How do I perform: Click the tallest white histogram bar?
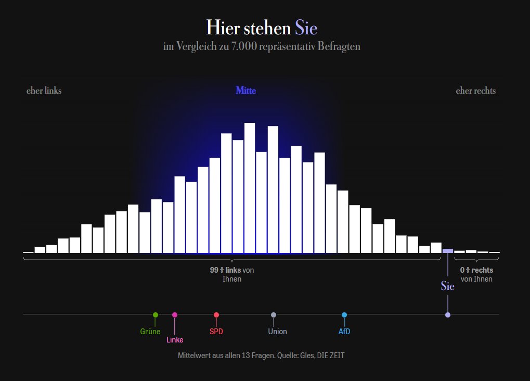click(x=250, y=188)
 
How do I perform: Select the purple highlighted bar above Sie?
click(x=447, y=251)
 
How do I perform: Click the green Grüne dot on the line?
click(x=156, y=315)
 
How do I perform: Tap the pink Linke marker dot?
click(x=175, y=315)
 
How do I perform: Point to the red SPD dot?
click(x=216, y=315)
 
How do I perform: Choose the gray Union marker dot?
click(x=274, y=315)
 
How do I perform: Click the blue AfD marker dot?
click(x=344, y=315)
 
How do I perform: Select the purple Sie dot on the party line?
click(x=448, y=315)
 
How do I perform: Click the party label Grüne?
click(x=150, y=332)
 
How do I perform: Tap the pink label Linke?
click(x=175, y=340)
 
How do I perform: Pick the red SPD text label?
click(x=216, y=332)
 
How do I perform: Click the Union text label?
click(x=278, y=332)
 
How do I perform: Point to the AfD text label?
click(x=344, y=332)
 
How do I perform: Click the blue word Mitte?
click(x=245, y=91)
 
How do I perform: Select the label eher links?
click(x=44, y=91)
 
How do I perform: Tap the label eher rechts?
click(x=475, y=91)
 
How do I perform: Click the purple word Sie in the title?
click(x=306, y=28)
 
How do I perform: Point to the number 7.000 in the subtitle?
click(x=244, y=46)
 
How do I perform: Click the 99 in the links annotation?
click(x=214, y=270)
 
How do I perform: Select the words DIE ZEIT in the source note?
click(x=331, y=355)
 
